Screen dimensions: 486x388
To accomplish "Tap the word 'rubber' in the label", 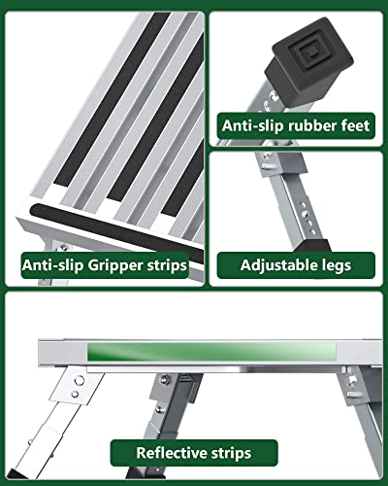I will (x=304, y=125).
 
